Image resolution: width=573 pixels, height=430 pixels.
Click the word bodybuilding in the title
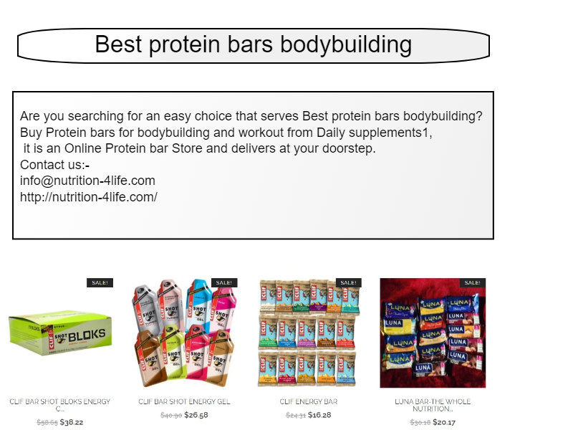pyautogui.click(x=346, y=44)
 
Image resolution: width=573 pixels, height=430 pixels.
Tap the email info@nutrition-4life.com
pyautogui.click(x=87, y=181)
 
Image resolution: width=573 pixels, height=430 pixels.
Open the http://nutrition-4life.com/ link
pyautogui.click(x=89, y=196)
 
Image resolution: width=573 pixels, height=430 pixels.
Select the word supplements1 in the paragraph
pyautogui.click(x=393, y=133)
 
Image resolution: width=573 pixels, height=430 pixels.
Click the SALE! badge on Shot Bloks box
pyautogui.click(x=100, y=282)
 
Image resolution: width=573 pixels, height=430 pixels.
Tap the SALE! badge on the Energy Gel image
pyautogui.click(x=224, y=282)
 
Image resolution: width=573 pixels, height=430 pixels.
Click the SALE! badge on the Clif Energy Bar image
pyautogui.click(x=348, y=282)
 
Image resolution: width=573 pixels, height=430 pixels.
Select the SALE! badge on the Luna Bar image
pyautogui.click(x=472, y=282)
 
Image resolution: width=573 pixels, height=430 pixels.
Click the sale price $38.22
pyautogui.click(x=72, y=422)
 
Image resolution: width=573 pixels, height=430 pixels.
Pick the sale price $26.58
pyautogui.click(x=196, y=414)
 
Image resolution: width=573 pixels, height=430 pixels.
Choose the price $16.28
pyautogui.click(x=320, y=414)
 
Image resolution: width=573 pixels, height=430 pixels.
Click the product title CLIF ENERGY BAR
pyautogui.click(x=308, y=401)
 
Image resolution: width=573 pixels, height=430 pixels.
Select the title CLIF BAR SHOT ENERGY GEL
pyautogui.click(x=184, y=401)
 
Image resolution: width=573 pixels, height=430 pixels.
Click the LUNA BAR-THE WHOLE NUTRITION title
pyautogui.click(x=433, y=405)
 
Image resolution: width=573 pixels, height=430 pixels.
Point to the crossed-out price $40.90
pyautogui.click(x=170, y=415)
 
